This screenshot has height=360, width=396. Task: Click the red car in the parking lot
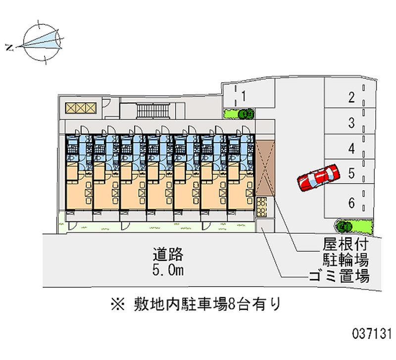[x=318, y=177]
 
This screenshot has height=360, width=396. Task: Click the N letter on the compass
[x=9, y=47]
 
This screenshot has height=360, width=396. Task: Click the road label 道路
[x=168, y=254]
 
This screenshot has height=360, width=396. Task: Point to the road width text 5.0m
[x=168, y=270]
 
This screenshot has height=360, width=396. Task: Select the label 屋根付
[x=345, y=244]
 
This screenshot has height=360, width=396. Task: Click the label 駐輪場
[x=345, y=259]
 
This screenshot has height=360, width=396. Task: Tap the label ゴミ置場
[x=339, y=276]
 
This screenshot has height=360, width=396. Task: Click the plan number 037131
[x=372, y=333]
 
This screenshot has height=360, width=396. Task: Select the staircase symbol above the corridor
[x=153, y=110]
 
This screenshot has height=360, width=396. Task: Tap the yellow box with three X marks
[x=81, y=108]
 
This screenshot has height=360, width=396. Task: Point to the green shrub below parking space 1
[x=239, y=114]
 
